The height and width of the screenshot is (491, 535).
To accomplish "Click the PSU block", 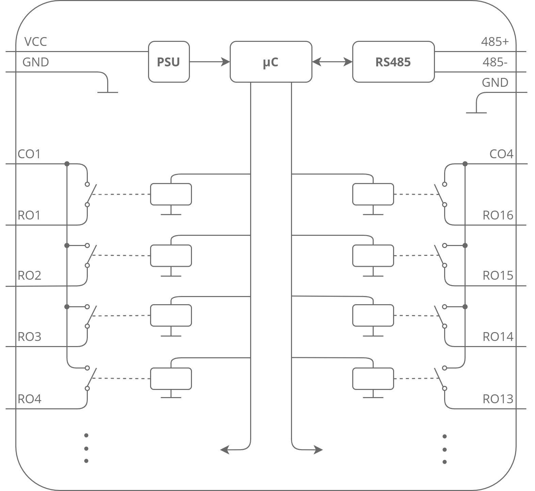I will pos(169,62).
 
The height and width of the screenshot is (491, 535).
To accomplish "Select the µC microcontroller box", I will pos(271,62).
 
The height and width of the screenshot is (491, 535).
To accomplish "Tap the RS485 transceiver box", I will pos(393,62).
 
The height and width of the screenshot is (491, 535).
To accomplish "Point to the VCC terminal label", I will pos(35,42).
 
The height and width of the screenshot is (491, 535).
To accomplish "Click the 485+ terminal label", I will pos(495,42).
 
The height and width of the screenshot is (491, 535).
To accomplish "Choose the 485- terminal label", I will pos(495,62).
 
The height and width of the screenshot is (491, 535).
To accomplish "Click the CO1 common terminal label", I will pos(29,154).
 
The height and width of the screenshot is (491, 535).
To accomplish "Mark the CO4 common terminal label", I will pos(501,154).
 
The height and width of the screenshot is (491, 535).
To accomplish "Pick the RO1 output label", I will pos(29,215).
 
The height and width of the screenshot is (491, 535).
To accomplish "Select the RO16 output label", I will pos(498,215).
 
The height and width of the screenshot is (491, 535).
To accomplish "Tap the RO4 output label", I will pos(29,399).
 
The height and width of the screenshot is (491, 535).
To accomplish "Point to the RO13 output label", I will pos(498,399).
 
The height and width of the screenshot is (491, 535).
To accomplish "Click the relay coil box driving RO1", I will pos(171,194).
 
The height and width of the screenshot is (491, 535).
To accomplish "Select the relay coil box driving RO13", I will pos(373,378).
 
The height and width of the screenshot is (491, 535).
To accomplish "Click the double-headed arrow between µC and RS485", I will pos(332,62).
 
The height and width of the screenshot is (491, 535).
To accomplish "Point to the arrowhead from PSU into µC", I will pos(226,62).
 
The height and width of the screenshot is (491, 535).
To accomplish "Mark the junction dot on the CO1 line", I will pos(67,164).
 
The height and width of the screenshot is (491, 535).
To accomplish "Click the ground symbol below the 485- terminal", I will pos(476,112).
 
